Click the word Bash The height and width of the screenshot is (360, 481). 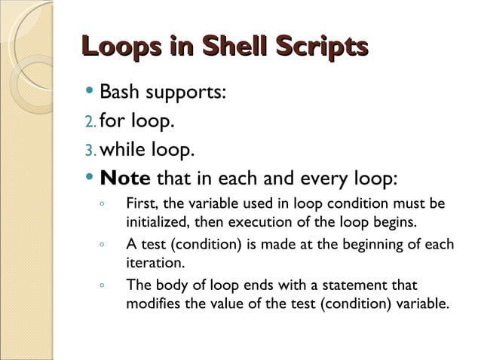coord(124,93)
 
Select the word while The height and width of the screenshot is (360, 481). coord(127,150)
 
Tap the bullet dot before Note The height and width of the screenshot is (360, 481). coord(90,178)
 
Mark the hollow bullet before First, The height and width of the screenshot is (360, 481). coord(101,205)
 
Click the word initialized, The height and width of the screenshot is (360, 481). coord(157,223)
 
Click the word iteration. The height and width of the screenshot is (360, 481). coord(153,264)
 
